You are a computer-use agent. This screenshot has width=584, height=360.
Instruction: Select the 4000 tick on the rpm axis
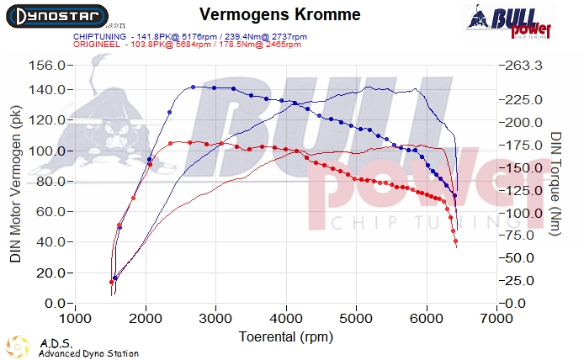tap(287, 319)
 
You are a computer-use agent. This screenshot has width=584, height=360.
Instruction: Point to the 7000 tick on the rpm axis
tap(497, 319)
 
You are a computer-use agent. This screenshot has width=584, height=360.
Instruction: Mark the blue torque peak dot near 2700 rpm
tap(193, 87)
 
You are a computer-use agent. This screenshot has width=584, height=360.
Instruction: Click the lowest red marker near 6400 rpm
tap(456, 245)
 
